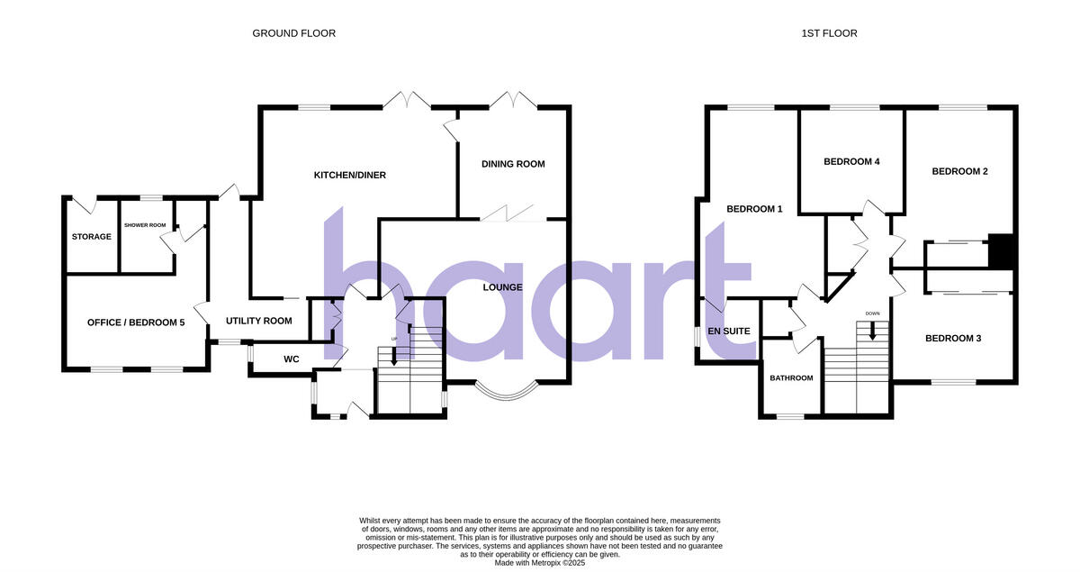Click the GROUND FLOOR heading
point(293,33)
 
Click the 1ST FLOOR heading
point(829,33)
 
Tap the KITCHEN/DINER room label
point(349,175)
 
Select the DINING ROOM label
point(513,164)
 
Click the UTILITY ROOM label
point(259,321)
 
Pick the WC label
point(291,359)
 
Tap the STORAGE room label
point(92,237)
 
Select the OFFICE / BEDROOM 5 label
point(136,322)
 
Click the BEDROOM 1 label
point(754,209)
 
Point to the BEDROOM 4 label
point(851,162)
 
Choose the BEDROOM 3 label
point(953,339)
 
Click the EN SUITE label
point(729,331)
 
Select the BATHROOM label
point(791,378)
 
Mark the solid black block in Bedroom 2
point(1001,250)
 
